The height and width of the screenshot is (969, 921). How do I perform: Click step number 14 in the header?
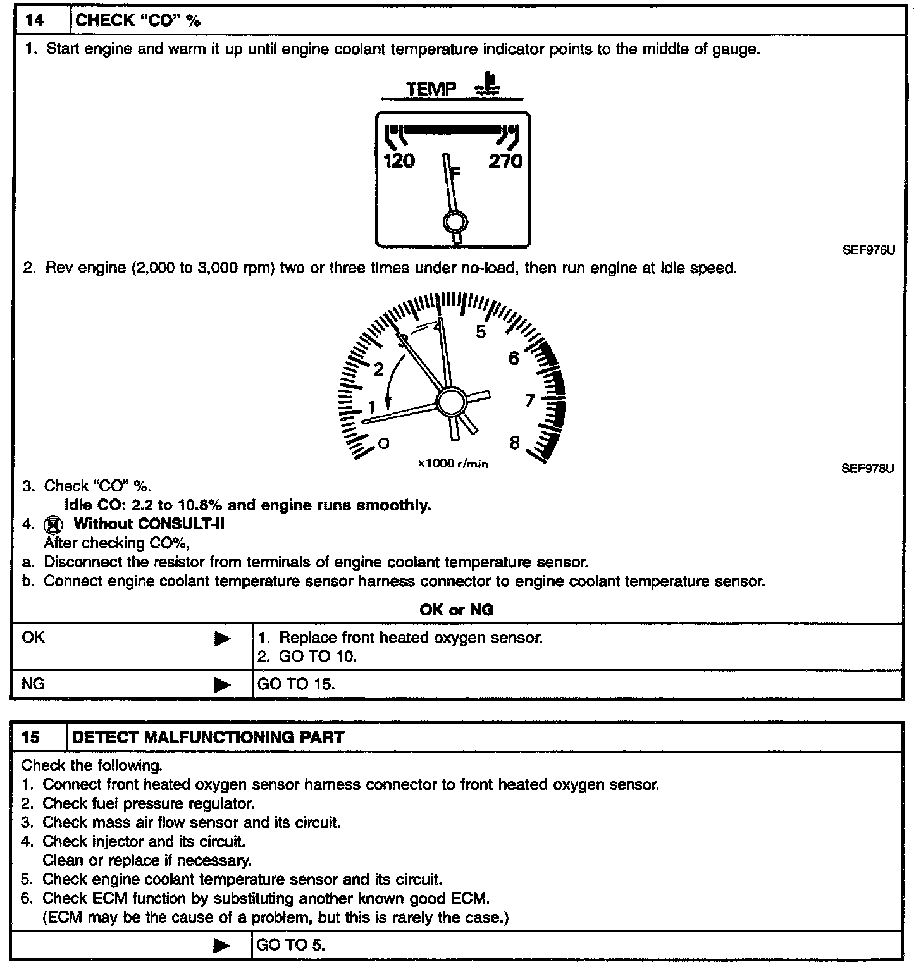[35, 21]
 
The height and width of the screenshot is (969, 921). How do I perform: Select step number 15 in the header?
[31, 738]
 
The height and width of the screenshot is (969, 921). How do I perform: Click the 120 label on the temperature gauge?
[399, 161]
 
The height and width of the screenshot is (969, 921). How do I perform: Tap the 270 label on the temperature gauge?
[505, 161]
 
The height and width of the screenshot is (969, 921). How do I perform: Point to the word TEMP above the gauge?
[431, 89]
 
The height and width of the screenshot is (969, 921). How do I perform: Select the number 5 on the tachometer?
[481, 332]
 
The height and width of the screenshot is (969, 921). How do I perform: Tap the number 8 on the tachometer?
[515, 443]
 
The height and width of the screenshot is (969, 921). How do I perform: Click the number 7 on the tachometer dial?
[530, 400]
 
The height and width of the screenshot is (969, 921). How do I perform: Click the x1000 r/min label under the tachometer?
[453, 464]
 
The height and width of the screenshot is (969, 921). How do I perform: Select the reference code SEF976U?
[868, 250]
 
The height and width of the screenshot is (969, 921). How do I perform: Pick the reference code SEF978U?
[867, 469]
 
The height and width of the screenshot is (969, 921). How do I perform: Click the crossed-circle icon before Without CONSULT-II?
[53, 525]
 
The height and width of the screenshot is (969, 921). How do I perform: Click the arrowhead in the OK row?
[223, 639]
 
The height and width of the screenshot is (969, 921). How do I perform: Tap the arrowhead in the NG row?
[223, 684]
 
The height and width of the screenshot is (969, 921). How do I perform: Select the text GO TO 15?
[296, 684]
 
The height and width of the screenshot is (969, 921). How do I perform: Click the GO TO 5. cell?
[291, 946]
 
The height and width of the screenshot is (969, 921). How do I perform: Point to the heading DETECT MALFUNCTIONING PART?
[209, 738]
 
